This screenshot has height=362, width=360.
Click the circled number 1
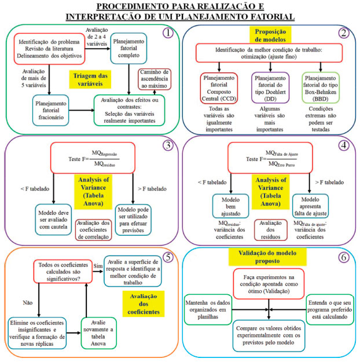pyautogui.click(x=168, y=33)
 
